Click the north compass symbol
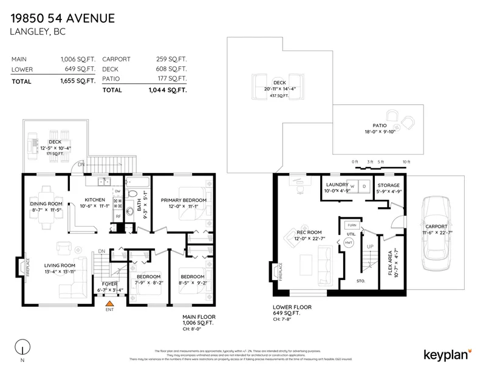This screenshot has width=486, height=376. click(23, 349)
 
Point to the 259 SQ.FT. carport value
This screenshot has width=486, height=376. click(172, 60)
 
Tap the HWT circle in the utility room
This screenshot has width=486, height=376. click(349, 242)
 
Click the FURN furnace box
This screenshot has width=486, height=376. click(352, 225)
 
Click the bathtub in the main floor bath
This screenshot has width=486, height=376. click(137, 182)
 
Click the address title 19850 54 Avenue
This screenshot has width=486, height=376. click(63, 19)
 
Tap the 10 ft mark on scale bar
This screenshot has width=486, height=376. click(406, 162)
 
